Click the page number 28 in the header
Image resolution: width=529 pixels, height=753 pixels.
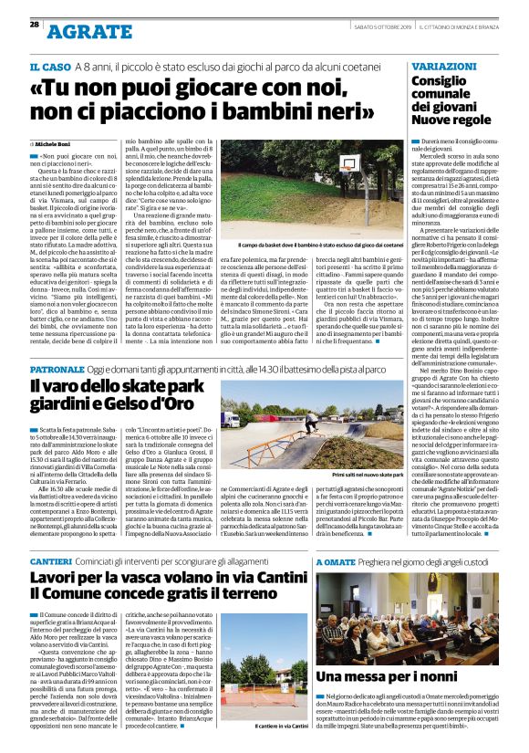tap(34, 25)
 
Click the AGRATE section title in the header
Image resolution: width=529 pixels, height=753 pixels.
tap(87, 32)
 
